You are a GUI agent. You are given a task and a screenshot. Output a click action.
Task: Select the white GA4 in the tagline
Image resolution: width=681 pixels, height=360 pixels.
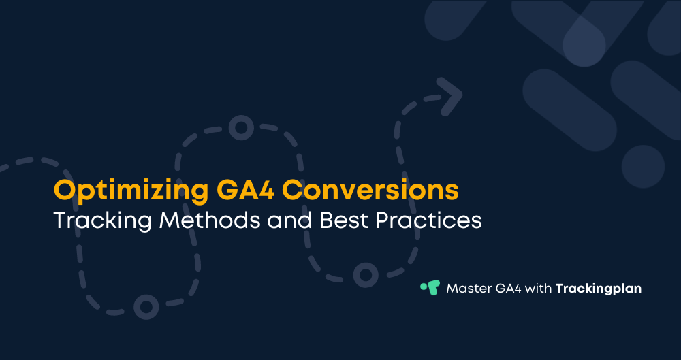coord(511,288)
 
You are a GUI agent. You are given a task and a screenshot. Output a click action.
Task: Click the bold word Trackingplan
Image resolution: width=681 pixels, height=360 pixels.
coord(599,288)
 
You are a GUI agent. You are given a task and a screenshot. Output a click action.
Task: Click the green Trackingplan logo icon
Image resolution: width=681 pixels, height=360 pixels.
coord(430,287)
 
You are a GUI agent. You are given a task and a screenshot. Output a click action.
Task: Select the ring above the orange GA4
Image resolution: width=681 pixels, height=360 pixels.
coord(240,128)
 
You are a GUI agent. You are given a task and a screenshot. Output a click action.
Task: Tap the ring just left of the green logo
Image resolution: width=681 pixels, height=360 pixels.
coord(366,274)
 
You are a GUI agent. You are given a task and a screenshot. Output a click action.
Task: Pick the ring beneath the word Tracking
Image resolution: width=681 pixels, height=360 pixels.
coord(145,306)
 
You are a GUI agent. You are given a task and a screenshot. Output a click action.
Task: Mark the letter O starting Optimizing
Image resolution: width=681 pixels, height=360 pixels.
coord(65,191)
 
